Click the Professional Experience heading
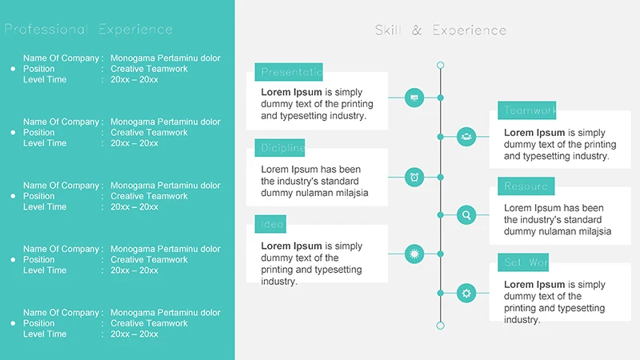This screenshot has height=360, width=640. point(88,30)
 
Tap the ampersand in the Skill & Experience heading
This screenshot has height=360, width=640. point(417,30)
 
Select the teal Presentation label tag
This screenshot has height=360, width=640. point(289,72)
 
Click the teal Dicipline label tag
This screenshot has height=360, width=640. point(280,148)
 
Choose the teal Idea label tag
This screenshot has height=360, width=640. point(270,224)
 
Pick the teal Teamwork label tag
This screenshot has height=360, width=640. point(526,110)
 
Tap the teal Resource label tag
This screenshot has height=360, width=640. point(526,186)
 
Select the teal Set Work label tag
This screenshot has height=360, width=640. point(523,262)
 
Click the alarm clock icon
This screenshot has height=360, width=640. point(414,177)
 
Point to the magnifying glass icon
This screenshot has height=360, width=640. point(466,214)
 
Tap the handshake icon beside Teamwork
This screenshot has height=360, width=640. point(466,137)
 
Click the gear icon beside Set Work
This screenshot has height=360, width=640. point(466,293)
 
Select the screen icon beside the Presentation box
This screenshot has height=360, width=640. point(414,98)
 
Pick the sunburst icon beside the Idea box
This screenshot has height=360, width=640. point(414,254)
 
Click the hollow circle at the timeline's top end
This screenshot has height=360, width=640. point(440,66)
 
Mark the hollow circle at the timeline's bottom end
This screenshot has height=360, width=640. point(440,326)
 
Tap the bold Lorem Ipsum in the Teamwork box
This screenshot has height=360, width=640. point(534,133)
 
